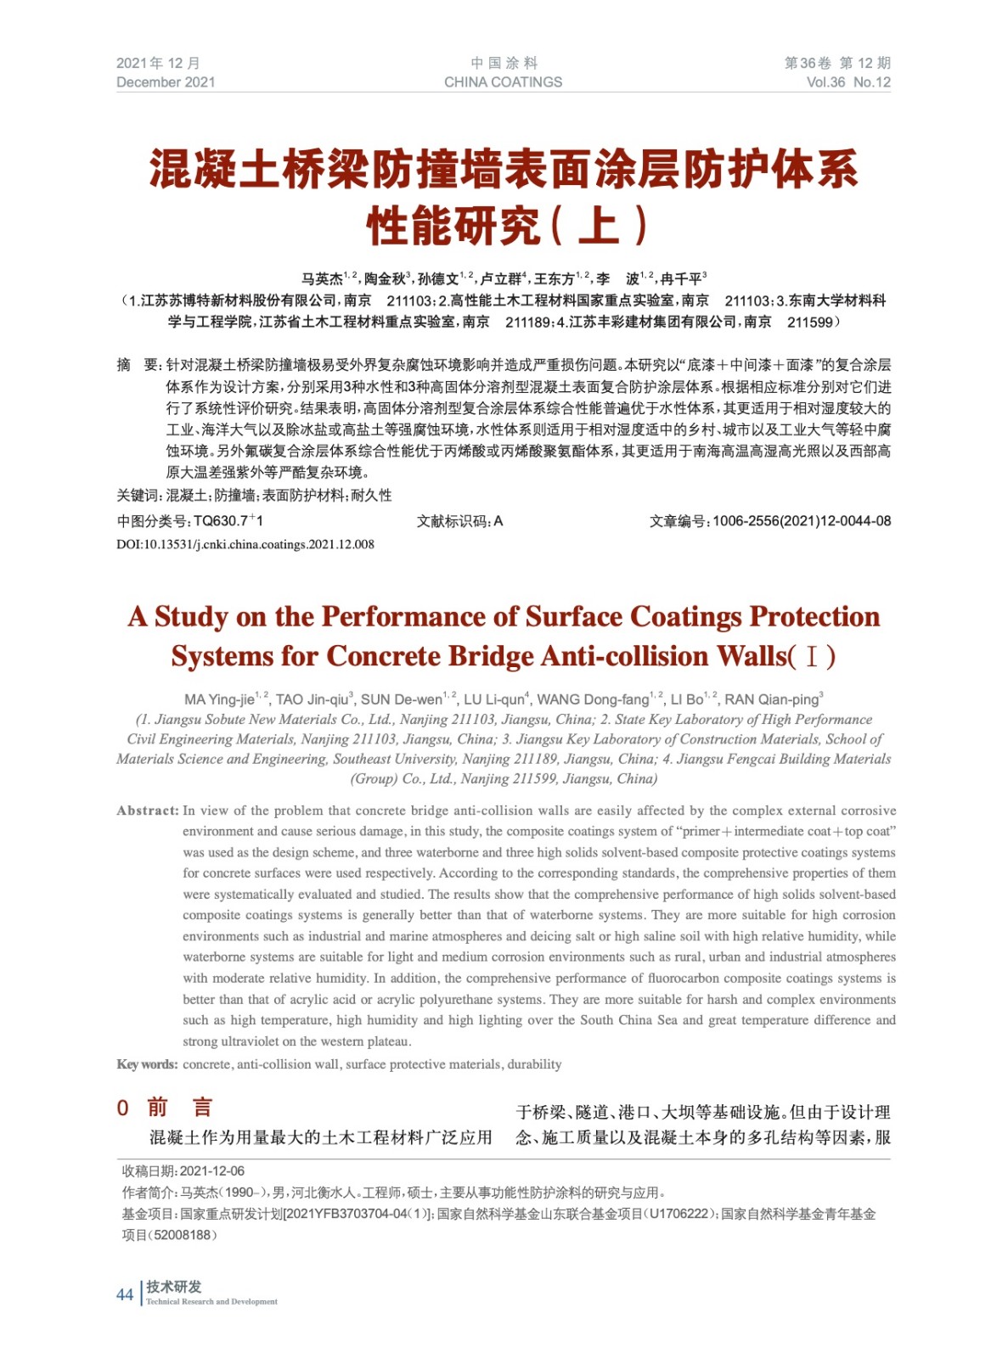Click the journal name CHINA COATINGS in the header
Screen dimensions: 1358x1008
(503, 82)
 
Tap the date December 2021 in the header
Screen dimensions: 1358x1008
(166, 82)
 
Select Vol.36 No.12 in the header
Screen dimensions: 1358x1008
(848, 82)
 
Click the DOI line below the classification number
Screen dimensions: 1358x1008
(245, 544)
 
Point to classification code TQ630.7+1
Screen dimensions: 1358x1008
(228, 521)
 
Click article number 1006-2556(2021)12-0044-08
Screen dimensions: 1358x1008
(802, 521)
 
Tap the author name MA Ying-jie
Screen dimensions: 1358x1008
(219, 700)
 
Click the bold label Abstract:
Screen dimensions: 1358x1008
(148, 811)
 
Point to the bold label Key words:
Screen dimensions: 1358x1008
(147, 1064)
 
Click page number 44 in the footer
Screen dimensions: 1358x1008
(125, 1294)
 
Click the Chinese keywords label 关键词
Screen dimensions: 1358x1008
(137, 496)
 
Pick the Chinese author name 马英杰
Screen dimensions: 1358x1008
(322, 279)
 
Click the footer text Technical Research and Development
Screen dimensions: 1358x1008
(211, 1301)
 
